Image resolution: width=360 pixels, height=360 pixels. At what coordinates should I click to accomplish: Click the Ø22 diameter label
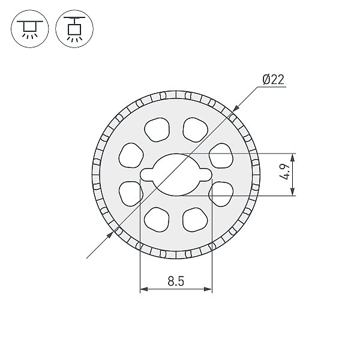(x=273, y=79)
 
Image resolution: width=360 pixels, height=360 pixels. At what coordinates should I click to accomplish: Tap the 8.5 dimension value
(x=176, y=281)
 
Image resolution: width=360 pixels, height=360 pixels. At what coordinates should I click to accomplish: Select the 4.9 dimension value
(x=285, y=172)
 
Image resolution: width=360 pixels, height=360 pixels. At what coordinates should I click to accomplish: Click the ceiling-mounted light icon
(x=30, y=29)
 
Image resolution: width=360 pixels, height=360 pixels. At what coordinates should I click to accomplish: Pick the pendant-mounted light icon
(x=74, y=29)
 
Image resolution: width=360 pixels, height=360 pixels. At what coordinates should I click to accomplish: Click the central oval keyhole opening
(x=176, y=175)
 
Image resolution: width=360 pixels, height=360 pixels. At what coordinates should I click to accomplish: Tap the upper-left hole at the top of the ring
(x=157, y=130)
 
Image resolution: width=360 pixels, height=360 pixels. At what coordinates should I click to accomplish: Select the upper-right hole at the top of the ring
(x=196, y=130)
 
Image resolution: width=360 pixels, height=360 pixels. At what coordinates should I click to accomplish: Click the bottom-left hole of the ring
(x=157, y=220)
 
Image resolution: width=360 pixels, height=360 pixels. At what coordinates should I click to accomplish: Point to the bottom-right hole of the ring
(x=195, y=220)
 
